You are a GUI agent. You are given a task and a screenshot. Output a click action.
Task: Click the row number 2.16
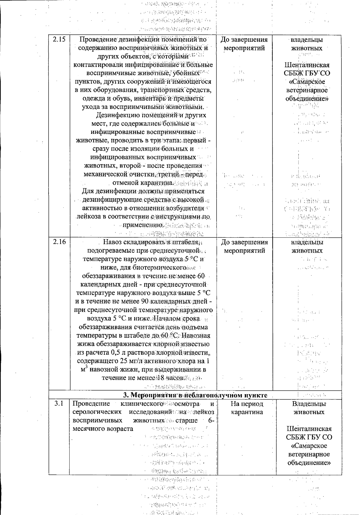[x=59, y=242]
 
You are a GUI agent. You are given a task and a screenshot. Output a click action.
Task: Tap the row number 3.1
[x=59, y=404]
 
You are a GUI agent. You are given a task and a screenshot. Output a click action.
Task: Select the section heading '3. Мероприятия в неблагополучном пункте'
[x=195, y=395]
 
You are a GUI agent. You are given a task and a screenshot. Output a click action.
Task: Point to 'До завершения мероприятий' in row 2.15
[x=244, y=44]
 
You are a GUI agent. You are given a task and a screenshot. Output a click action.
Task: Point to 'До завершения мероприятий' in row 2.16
[x=244, y=246]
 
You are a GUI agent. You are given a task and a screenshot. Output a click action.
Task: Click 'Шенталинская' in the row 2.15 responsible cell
[x=307, y=65]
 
